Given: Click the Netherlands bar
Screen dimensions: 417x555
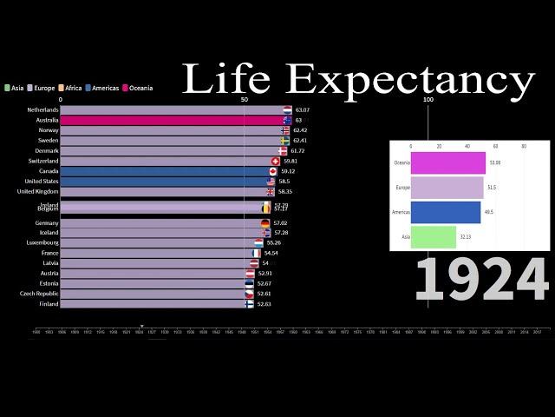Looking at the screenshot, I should (173, 110).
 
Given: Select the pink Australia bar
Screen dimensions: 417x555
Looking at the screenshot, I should (173, 121).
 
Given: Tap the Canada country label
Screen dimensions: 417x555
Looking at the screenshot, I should (49, 171).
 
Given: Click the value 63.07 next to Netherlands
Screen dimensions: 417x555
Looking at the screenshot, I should (302, 110).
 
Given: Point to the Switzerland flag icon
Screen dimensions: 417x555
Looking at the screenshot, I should (276, 162).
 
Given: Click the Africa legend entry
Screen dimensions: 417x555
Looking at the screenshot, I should (72, 88).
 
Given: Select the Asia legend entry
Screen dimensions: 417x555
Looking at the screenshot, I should (15, 88).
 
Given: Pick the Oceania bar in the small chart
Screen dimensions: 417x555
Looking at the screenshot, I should (447, 162).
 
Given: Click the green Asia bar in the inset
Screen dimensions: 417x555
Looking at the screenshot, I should (433, 236).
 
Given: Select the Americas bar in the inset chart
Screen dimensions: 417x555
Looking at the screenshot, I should (445, 212).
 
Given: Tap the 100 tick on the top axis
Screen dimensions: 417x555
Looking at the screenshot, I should (428, 99).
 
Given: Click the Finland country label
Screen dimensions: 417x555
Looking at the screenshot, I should (49, 304).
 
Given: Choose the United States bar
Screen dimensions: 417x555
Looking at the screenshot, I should (165, 182).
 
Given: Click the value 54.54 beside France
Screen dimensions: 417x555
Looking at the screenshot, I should (271, 253).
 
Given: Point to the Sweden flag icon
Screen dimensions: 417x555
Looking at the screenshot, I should (284, 141).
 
